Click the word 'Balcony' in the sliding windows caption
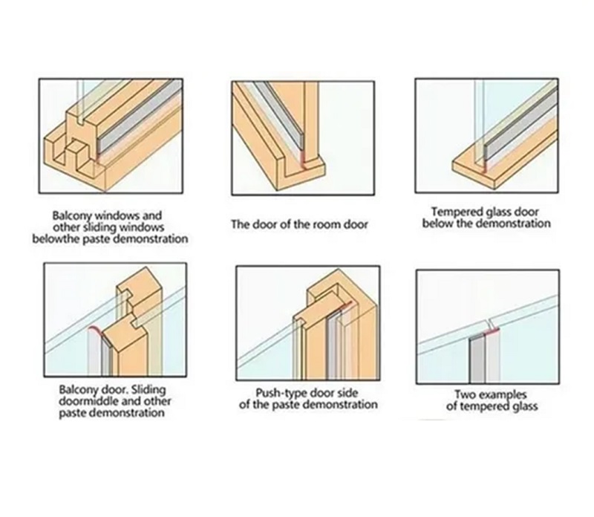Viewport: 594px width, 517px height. pyautogui.click(x=72, y=216)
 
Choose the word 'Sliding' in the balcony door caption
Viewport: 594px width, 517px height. pyautogui.click(x=148, y=390)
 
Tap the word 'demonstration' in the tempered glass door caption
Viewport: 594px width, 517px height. pyautogui.click(x=513, y=224)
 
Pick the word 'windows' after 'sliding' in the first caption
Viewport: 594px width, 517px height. pyautogui.click(x=142, y=227)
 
